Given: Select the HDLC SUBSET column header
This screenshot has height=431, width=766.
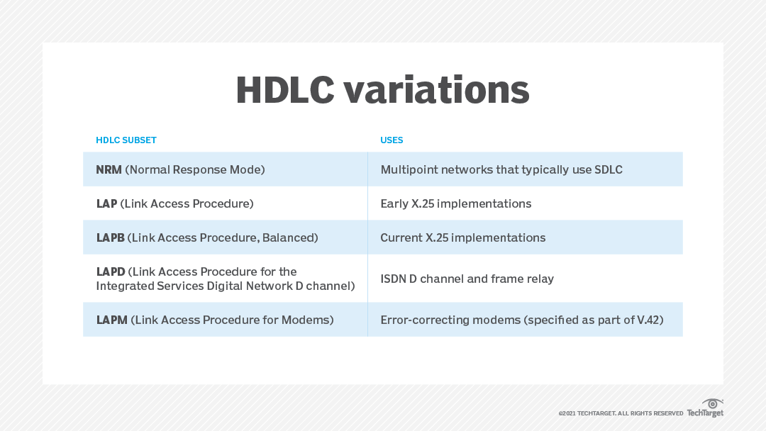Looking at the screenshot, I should click(126, 140).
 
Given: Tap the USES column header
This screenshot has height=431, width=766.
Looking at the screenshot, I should click(392, 140).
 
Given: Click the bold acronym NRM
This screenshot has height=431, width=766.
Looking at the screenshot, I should click(109, 169).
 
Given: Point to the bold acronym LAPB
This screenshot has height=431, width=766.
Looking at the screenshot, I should click(111, 237).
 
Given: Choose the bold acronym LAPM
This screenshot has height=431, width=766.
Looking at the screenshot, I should click(112, 320).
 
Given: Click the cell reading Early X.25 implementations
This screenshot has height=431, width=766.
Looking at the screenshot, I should click(456, 203).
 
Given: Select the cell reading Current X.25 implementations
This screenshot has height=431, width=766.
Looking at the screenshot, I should click(463, 237).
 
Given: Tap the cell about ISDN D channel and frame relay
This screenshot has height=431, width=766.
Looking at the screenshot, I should click(467, 279).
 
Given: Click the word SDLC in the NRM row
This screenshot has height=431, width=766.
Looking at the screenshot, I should click(606, 169).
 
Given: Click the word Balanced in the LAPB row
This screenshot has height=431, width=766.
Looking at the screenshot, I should click(289, 237).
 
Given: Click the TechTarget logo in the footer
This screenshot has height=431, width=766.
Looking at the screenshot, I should click(705, 408).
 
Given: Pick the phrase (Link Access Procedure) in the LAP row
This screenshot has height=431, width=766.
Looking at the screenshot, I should click(187, 203).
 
